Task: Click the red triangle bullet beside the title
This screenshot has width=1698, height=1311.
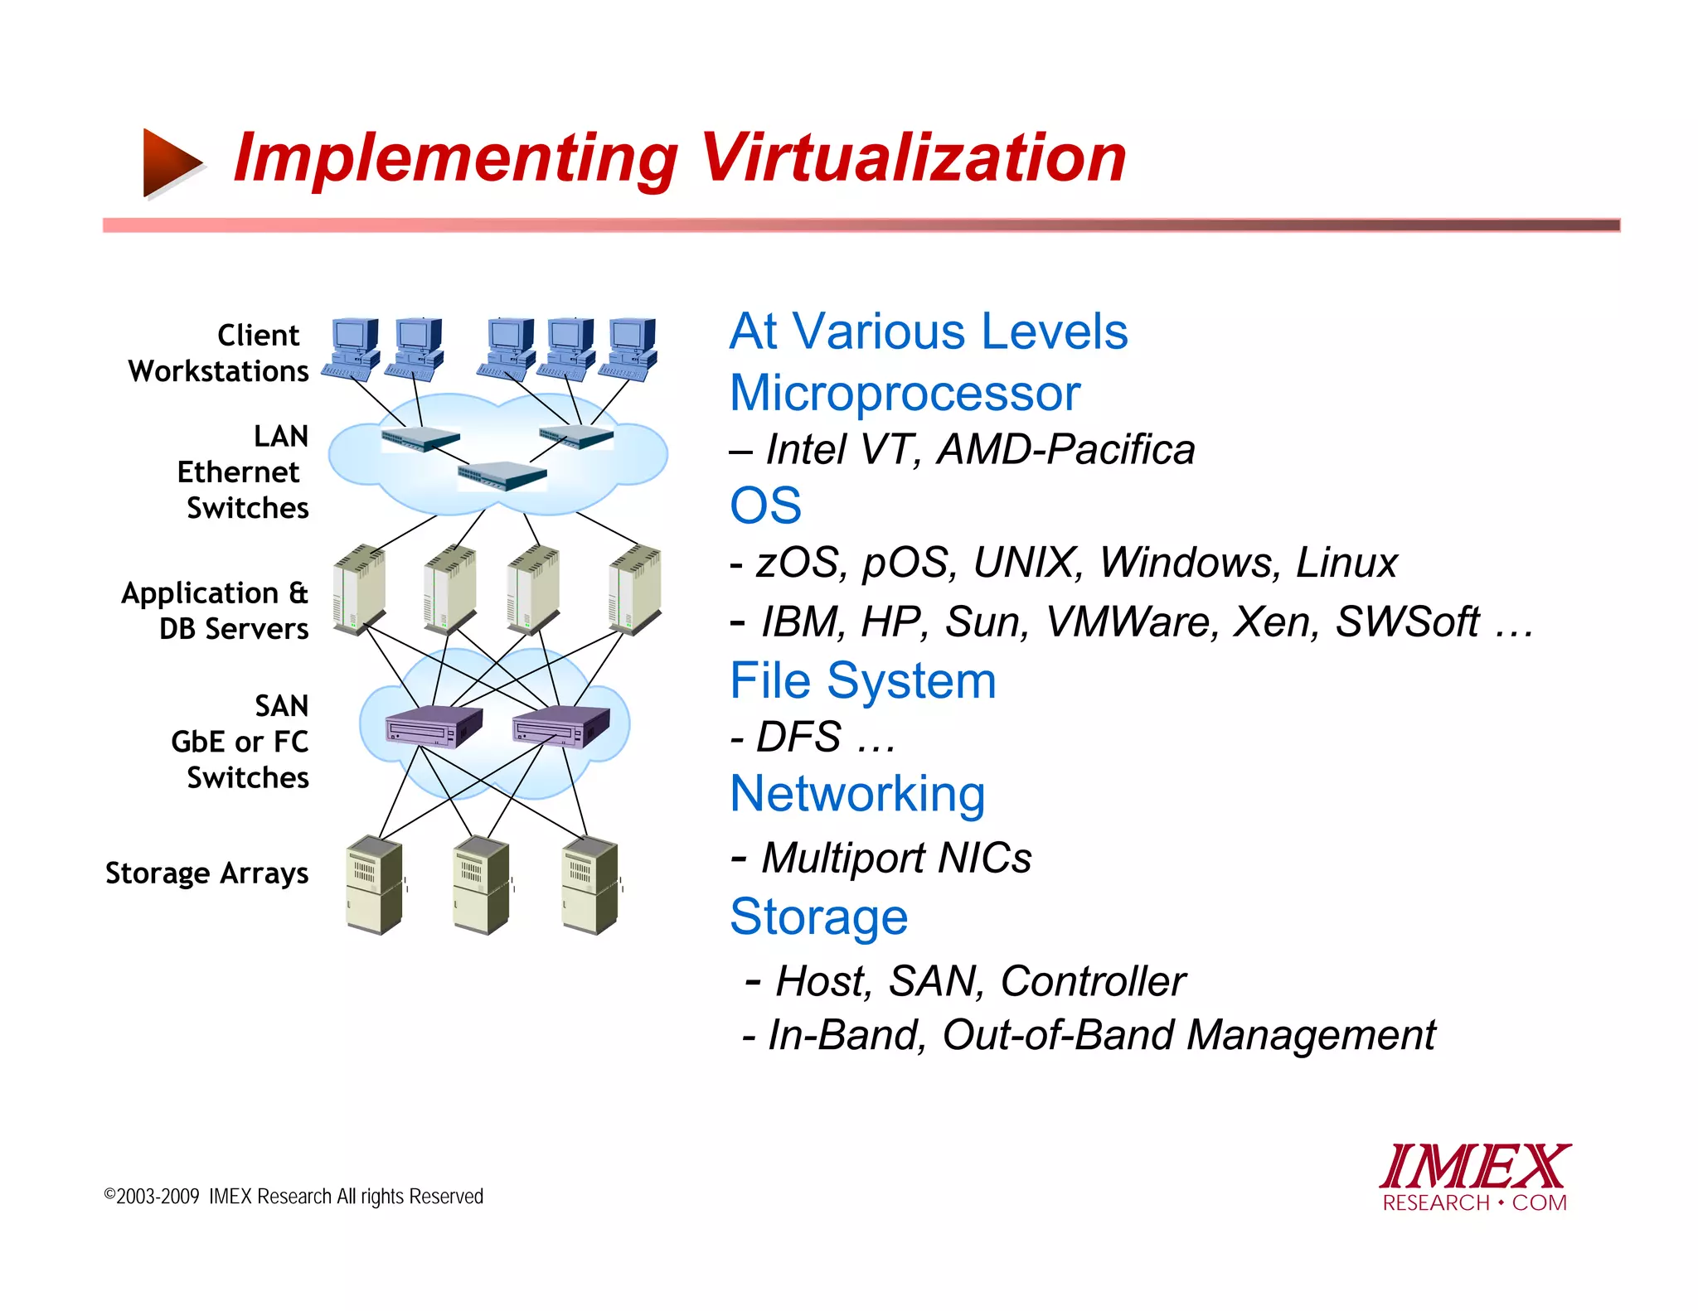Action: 170,162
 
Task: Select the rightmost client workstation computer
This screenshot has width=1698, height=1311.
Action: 632,349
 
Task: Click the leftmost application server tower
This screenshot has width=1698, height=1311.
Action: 359,590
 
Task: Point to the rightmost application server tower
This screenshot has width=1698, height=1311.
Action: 634,590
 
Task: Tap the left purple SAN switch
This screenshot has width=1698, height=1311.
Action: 433,727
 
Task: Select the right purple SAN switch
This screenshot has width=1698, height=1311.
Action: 561,727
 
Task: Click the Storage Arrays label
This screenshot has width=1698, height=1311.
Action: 207,873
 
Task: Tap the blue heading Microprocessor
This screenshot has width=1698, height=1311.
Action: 905,393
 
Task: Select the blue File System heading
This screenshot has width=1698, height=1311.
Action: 862,681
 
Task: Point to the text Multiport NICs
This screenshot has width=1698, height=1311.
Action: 896,858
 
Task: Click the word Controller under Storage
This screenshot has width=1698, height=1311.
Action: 1093,981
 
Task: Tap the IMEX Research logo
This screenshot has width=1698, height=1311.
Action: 1474,1178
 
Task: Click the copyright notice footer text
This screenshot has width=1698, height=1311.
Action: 294,1197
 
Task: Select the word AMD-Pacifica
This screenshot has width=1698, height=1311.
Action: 1065,450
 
